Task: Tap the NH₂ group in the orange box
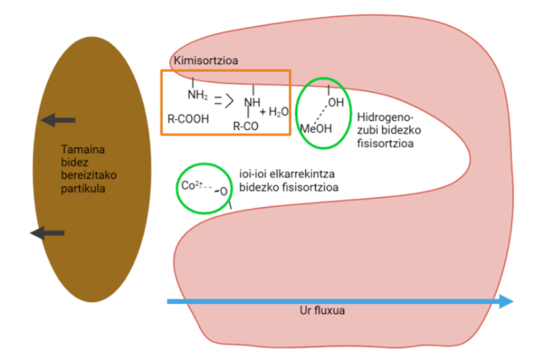click(x=198, y=95)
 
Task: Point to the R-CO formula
click(x=247, y=126)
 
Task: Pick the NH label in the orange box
click(x=251, y=103)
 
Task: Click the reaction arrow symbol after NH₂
click(x=222, y=101)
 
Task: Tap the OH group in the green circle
click(x=335, y=102)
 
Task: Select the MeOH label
click(x=316, y=128)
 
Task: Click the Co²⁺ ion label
click(x=190, y=185)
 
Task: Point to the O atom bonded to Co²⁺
click(x=223, y=192)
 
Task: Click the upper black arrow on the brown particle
click(x=59, y=120)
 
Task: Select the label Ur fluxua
click(x=323, y=310)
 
